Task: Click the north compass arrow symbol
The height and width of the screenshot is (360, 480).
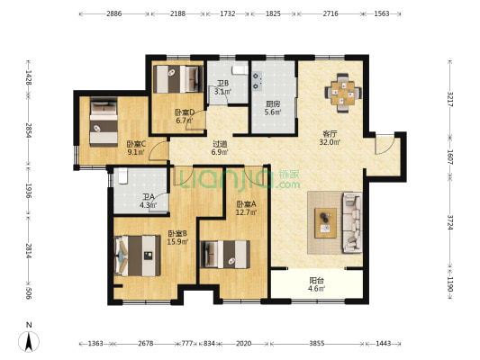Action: [29, 342]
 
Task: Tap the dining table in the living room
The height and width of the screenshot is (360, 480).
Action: [343, 93]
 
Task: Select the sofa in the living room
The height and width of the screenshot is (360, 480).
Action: [353, 222]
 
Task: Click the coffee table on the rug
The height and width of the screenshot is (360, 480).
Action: [326, 223]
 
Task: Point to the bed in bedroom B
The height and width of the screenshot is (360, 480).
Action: [137, 256]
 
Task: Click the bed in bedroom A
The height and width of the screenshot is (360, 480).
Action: [225, 255]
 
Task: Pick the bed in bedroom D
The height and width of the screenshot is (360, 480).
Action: [178, 79]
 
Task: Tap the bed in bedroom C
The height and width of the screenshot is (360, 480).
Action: [104, 121]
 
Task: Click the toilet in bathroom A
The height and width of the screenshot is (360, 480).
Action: [122, 176]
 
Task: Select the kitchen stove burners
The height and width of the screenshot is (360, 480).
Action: [258, 81]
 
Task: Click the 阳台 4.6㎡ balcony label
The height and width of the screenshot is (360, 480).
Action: [316, 284]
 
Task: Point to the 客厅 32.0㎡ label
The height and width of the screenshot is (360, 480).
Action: [330, 138]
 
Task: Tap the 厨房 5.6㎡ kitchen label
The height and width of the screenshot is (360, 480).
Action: [273, 108]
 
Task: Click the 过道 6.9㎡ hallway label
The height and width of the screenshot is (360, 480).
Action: [220, 148]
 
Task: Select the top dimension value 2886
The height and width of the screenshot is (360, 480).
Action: [113, 13]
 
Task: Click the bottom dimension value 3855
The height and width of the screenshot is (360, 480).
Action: [316, 344]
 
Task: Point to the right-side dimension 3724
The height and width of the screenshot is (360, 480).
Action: [450, 222]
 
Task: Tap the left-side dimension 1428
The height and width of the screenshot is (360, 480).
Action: [29, 77]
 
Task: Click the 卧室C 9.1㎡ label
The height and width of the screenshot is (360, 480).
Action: [136, 148]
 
